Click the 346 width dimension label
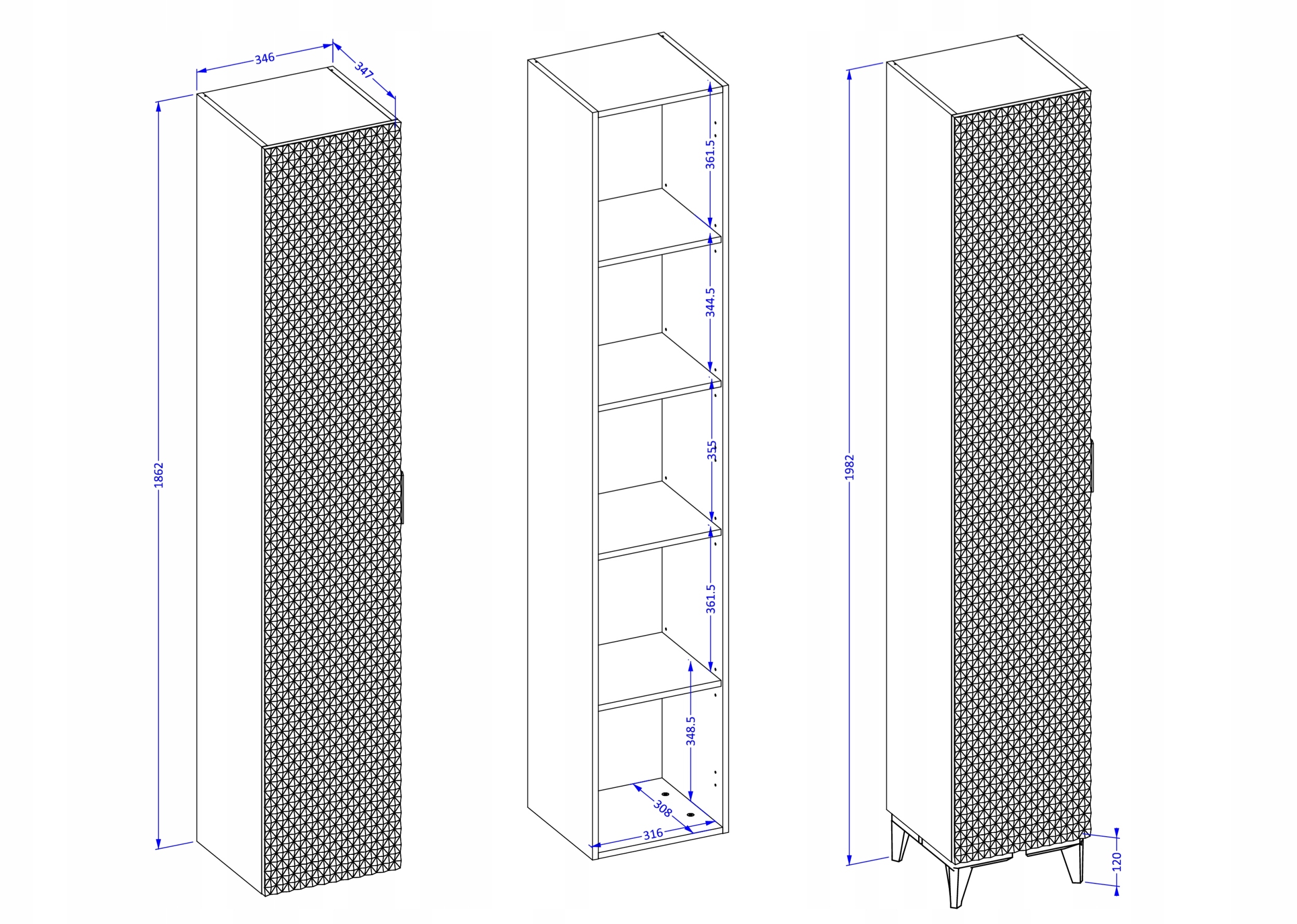264,58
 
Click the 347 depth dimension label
364,70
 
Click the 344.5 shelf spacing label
710,302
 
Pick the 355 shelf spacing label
712,451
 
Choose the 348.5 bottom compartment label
691,731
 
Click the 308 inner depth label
662,809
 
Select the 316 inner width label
653,834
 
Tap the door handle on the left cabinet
402,497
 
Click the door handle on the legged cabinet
1092,466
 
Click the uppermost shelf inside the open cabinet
660,228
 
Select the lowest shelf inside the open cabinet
660,672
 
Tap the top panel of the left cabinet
299,107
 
